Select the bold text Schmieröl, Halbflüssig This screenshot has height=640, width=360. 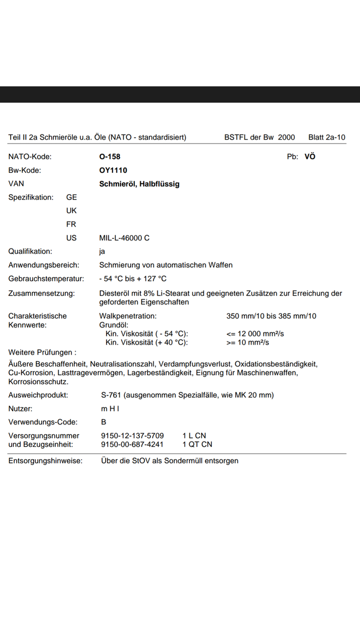point(139,184)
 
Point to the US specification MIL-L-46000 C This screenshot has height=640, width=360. point(124,238)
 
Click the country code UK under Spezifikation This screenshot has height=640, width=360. point(71,211)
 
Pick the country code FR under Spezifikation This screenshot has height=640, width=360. point(71,225)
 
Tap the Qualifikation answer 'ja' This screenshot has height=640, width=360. point(102,251)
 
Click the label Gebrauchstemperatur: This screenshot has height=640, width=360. point(46,278)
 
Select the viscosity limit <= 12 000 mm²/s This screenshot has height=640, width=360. point(255,333)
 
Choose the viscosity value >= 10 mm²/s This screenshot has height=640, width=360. point(247,342)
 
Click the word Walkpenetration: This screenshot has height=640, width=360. point(128,316)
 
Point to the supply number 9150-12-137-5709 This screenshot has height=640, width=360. point(132,436)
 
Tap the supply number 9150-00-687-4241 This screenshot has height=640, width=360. point(132,444)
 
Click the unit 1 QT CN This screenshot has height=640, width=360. point(197,444)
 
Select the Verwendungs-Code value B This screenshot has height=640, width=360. point(103,422)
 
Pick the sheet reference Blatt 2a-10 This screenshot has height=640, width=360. point(326,138)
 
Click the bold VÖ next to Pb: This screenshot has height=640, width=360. point(310,157)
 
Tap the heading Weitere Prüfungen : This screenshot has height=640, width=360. point(42,352)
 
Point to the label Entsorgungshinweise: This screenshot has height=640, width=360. point(45,460)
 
